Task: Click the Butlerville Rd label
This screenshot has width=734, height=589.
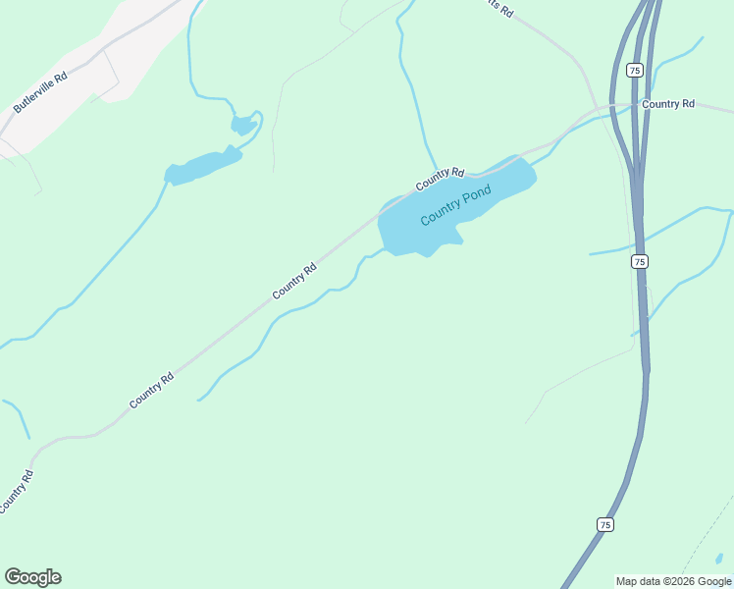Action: (39, 91)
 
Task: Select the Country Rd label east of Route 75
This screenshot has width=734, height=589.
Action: (667, 104)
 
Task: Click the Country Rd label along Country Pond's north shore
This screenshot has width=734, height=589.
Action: (439, 179)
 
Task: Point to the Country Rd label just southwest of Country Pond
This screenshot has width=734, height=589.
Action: (295, 281)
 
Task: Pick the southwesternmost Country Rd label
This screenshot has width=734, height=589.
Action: (16, 492)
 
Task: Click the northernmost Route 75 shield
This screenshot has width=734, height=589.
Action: (634, 70)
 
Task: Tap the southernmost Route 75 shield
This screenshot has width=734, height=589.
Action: (604, 525)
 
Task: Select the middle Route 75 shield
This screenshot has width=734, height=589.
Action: (639, 261)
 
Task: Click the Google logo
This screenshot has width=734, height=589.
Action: (32, 577)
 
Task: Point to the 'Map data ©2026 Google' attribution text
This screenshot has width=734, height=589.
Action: (673, 581)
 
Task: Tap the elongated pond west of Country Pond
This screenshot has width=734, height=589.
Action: (202, 167)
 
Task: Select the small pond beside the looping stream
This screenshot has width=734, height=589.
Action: (242, 125)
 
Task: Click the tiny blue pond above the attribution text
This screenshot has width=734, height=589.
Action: (719, 559)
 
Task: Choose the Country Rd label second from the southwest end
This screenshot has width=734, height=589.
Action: (151, 390)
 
